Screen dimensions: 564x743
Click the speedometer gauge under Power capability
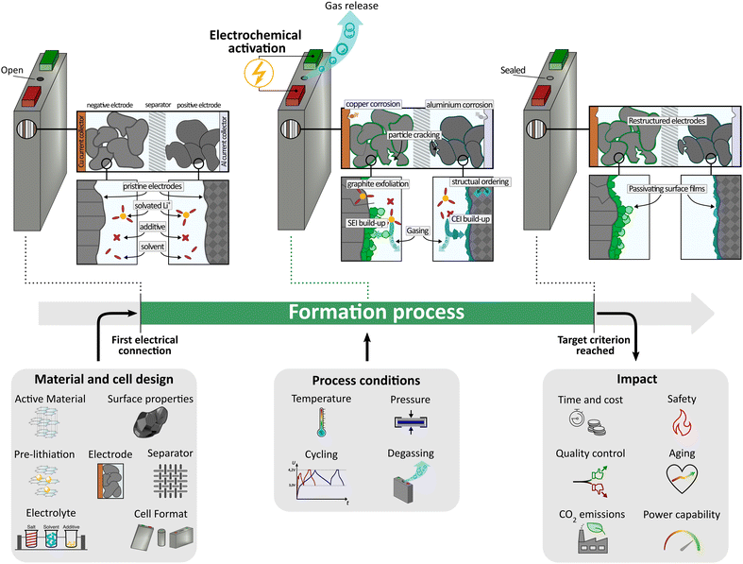[x=681, y=541]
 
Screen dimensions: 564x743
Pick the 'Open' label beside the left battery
[x=13, y=69]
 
